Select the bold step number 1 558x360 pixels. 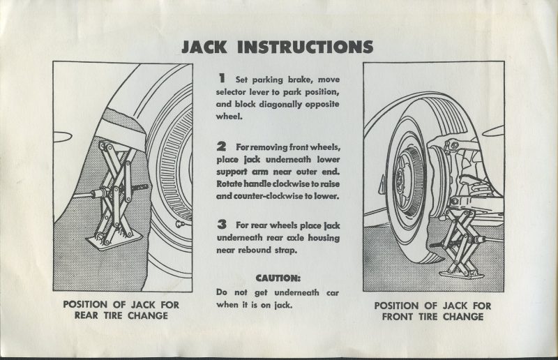221,80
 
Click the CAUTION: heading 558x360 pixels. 278,277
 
